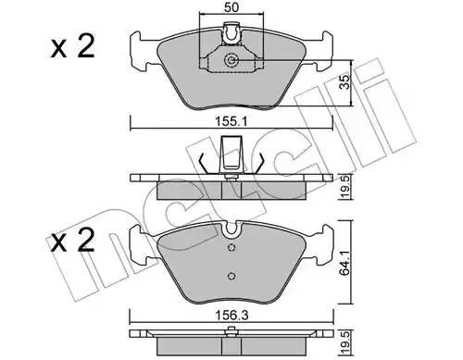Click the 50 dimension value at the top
point(231,7)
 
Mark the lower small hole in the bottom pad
point(229,274)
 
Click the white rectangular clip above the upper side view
point(231,151)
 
